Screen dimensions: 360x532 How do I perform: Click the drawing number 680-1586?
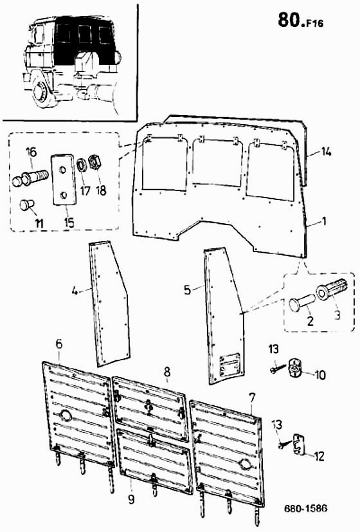(305, 509)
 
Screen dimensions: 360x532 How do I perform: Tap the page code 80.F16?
(300, 21)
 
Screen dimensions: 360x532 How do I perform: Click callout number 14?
(326, 152)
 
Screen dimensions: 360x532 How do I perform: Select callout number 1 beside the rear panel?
(324, 221)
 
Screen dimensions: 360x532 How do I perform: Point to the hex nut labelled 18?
(93, 162)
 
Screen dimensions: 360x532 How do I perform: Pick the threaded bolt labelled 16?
(30, 177)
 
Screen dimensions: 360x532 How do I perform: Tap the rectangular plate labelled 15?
(64, 180)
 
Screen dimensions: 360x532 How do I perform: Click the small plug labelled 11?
(26, 205)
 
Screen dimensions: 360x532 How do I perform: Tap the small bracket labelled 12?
(298, 443)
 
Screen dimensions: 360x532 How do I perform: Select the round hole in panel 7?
(246, 464)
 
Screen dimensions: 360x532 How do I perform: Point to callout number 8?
(166, 372)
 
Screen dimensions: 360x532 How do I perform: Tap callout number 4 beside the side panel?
(75, 291)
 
